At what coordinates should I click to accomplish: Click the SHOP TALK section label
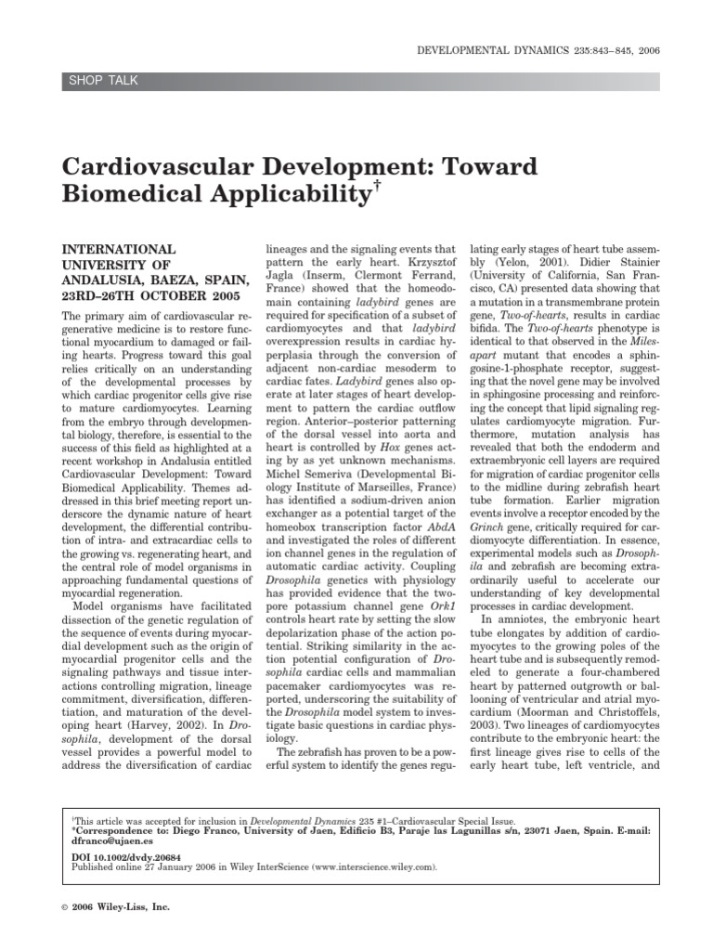[103, 81]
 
